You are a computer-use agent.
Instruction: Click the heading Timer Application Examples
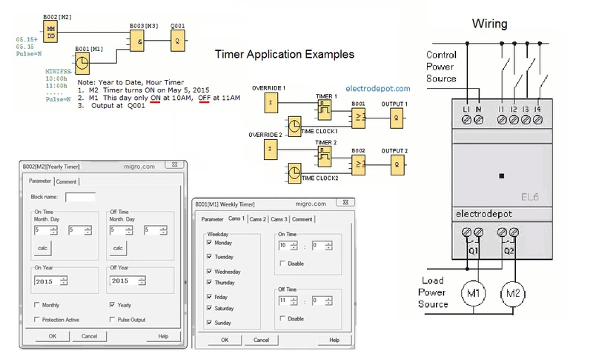pos(285,55)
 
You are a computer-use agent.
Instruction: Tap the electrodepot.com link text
pos(377,89)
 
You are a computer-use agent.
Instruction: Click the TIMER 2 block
pos(325,155)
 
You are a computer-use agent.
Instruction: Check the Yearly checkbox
pos(113,305)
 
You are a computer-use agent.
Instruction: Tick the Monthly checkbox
pos(37,305)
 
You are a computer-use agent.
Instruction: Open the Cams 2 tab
pos(257,219)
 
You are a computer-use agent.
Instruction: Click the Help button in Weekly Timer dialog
pos(334,340)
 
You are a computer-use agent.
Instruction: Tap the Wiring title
pos(490,24)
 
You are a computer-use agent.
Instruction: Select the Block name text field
pos(80,198)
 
